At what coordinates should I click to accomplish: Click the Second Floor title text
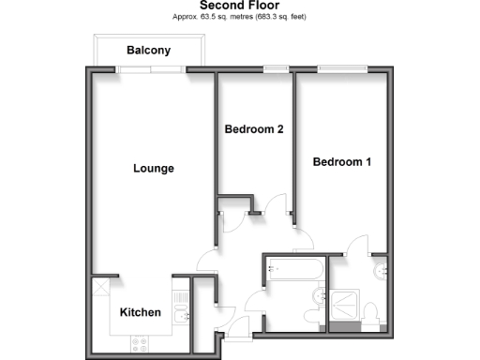click(x=239, y=5)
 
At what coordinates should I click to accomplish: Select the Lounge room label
click(x=154, y=169)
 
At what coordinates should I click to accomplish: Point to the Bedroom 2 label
click(x=254, y=129)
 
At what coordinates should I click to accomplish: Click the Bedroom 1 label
click(x=342, y=162)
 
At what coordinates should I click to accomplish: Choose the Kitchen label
click(x=141, y=312)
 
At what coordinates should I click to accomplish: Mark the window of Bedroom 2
click(x=276, y=68)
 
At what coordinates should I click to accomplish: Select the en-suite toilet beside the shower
click(x=372, y=312)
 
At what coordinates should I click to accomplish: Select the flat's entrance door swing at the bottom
click(x=238, y=328)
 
